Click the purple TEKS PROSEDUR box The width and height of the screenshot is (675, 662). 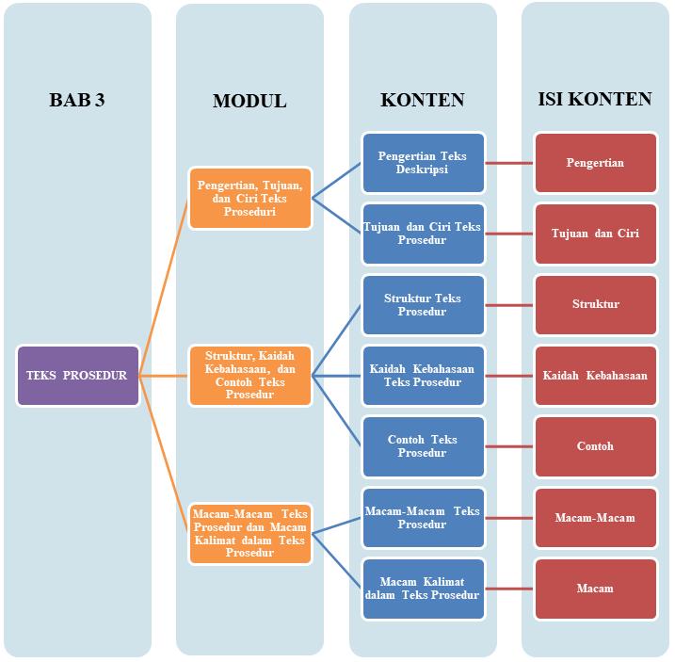(78, 376)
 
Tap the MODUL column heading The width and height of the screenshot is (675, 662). (249, 101)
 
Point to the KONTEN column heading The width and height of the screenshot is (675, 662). (423, 100)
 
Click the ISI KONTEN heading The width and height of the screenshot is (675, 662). (595, 99)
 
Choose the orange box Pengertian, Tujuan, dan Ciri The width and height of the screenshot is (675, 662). (249, 199)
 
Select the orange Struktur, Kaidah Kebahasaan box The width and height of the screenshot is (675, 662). (249, 376)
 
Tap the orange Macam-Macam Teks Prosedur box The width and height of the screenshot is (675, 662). (249, 533)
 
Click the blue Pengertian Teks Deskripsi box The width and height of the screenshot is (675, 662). (423, 163)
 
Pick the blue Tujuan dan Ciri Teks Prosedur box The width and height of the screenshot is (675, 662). (423, 234)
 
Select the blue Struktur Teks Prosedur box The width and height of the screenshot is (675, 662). (423, 305)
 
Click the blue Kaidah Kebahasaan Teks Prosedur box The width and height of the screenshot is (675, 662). (423, 376)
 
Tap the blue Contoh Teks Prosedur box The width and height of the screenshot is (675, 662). (423, 446)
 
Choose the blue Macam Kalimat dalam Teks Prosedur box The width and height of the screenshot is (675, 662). (423, 589)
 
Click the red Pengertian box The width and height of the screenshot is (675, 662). (595, 163)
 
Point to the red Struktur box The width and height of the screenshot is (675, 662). (595, 305)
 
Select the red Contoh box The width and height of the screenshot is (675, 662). (595, 446)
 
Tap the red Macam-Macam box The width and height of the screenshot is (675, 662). (595, 518)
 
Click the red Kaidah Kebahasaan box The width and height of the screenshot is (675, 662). (595, 376)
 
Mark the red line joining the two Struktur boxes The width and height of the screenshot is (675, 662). (509, 305)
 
